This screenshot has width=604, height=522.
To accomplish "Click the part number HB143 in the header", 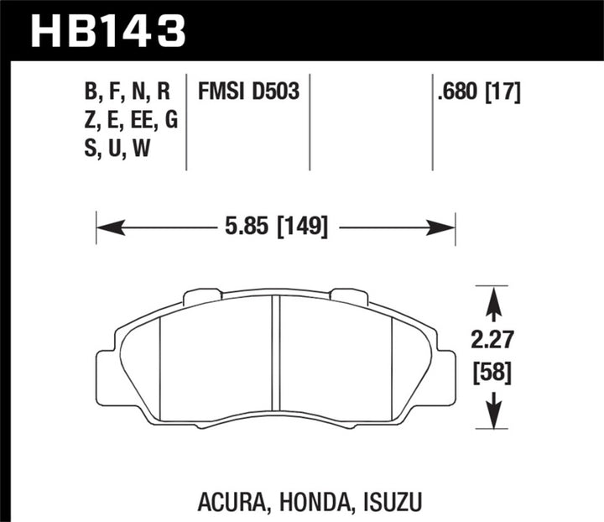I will coord(107,31).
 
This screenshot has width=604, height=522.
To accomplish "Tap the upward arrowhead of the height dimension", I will coord(494,295).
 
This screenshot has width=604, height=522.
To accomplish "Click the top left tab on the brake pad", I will coord(202,295).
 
